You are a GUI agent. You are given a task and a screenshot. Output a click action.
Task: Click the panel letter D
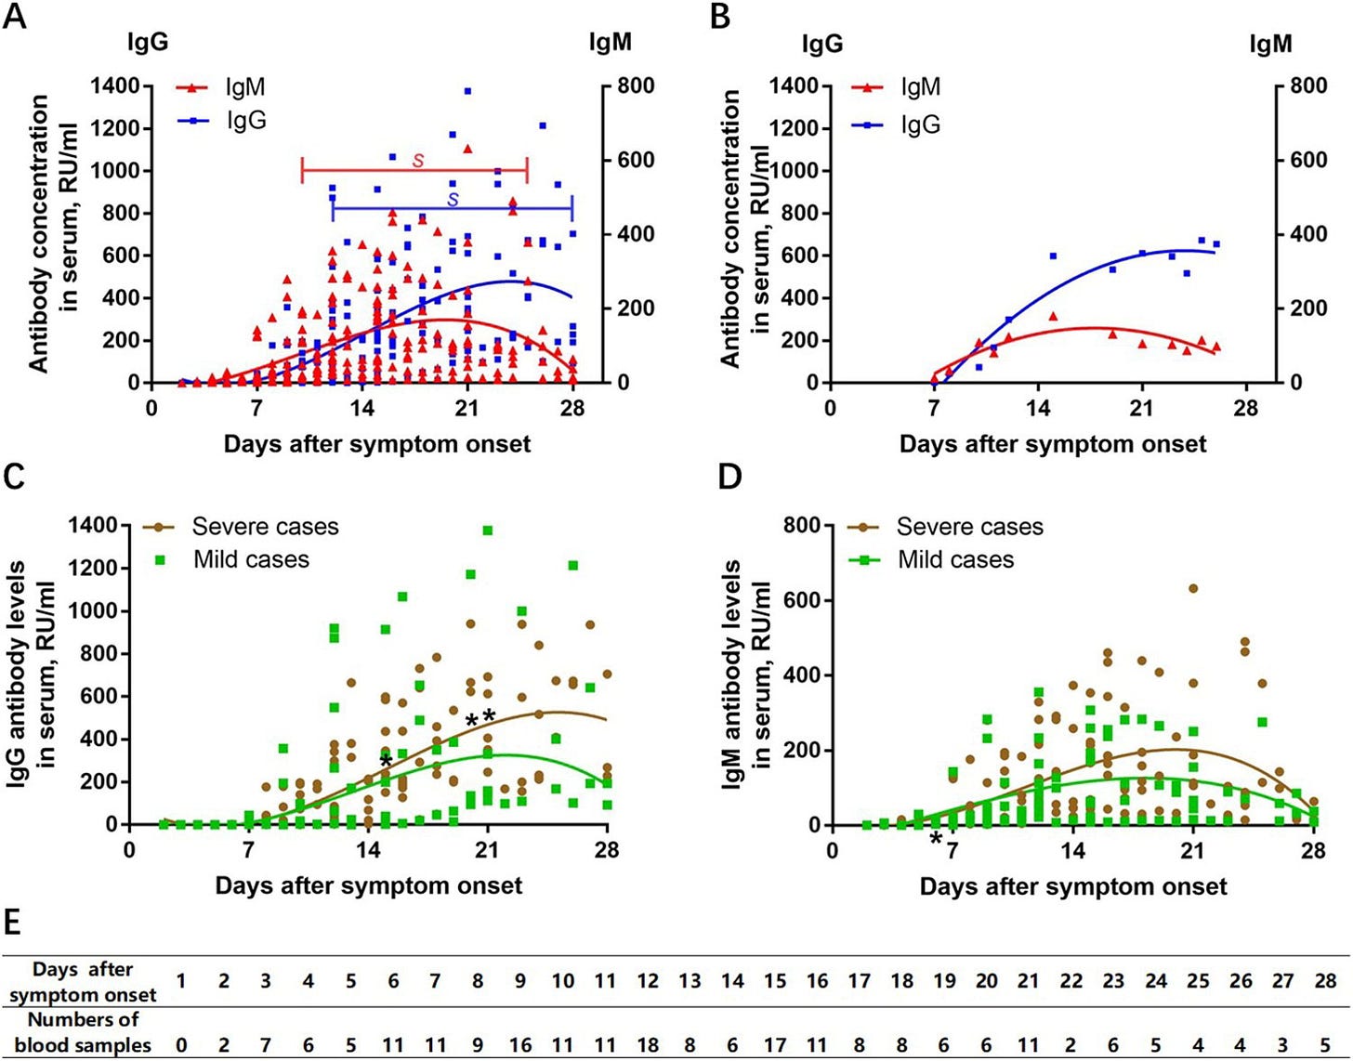[x=730, y=477]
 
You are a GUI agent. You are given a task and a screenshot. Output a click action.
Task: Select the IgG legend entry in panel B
[x=920, y=124]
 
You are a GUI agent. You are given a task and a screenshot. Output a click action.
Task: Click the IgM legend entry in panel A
[x=244, y=87]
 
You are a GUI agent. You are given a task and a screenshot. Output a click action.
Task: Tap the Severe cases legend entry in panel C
[x=265, y=527]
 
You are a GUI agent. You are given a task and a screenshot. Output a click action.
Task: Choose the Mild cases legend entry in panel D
[x=955, y=559]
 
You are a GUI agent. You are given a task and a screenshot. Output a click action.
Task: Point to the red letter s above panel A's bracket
[x=418, y=161]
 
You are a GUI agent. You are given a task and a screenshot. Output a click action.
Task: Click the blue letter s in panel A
[x=453, y=199]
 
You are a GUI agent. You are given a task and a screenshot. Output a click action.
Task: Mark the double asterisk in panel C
[x=480, y=719]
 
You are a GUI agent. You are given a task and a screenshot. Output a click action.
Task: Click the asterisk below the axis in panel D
[x=936, y=841]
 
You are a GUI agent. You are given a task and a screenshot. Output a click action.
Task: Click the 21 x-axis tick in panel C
[x=487, y=849]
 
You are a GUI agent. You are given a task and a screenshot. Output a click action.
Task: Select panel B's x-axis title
[x=1052, y=444]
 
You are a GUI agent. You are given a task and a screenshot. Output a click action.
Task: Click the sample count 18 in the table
[x=648, y=1044]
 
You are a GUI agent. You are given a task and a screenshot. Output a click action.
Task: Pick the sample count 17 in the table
[x=775, y=1044]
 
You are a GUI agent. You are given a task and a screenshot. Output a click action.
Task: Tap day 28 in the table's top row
[x=1325, y=981]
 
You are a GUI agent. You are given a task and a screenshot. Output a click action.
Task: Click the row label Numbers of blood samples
[x=83, y=1032]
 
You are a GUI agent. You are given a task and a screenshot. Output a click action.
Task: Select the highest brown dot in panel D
[x=1193, y=588]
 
